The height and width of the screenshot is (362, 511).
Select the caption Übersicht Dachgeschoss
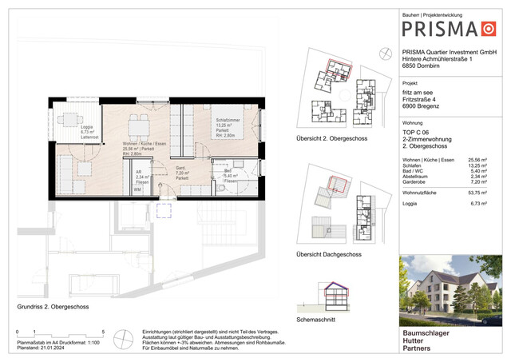(x=327, y=254)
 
